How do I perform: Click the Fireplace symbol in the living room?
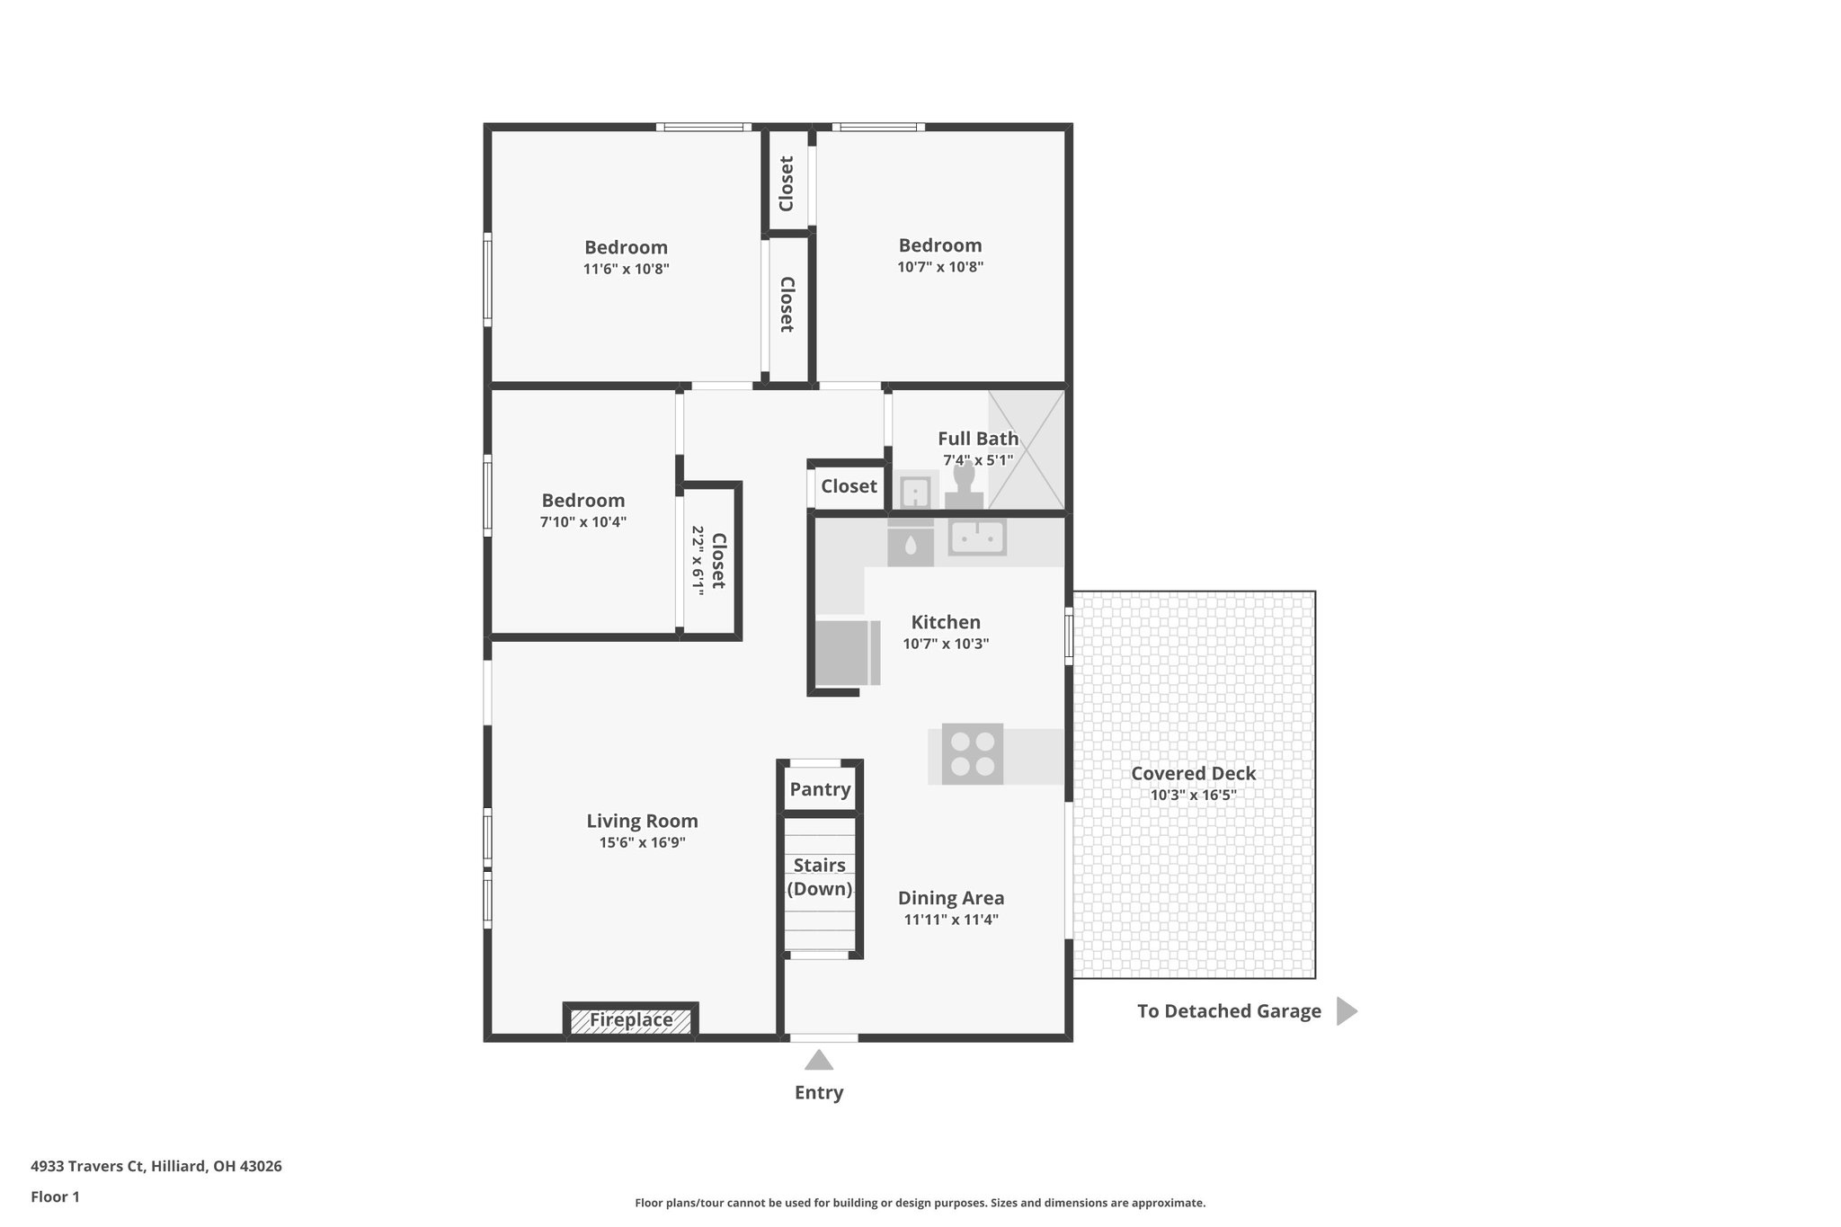[x=631, y=1020]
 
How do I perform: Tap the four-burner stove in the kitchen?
[x=973, y=754]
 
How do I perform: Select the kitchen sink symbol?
[x=977, y=538]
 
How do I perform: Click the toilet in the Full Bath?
[x=964, y=485]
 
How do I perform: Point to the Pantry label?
[x=820, y=789]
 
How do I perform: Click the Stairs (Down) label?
[x=819, y=877]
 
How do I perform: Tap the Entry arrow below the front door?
[x=819, y=1061]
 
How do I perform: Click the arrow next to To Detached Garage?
[x=1346, y=1011]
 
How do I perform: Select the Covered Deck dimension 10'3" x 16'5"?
[x=1193, y=795]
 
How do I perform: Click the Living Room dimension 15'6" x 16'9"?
[x=642, y=842]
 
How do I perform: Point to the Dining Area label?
[x=951, y=898]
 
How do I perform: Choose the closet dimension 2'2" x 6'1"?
[x=698, y=559]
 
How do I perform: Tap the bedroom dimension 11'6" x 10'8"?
[x=626, y=269]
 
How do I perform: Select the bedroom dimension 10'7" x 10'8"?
[x=940, y=267]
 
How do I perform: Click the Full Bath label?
[x=978, y=439]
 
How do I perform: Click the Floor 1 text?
[x=55, y=1196]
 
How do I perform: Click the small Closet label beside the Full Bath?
[x=849, y=486]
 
